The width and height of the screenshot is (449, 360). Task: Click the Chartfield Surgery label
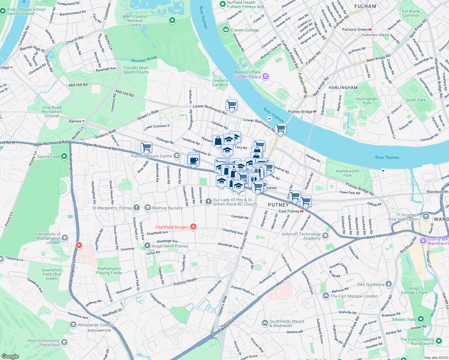pos(172,227)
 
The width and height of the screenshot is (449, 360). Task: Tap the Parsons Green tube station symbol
pos(370,29)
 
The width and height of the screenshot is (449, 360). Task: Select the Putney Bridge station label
pos(300,112)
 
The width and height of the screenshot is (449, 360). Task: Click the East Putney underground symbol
pos(302,211)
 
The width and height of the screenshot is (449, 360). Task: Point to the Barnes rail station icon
pos(83,121)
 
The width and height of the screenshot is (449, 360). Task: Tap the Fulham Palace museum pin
pos(265,77)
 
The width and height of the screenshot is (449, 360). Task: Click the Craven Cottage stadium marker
pos(226,30)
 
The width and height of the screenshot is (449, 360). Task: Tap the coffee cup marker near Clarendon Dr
pos(193,160)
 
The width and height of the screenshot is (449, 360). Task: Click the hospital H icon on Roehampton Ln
pos(79,245)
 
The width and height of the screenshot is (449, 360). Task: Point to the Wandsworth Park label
pos(347,173)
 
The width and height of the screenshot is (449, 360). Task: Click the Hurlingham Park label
pos(367,101)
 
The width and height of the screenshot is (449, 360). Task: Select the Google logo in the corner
pos(10,356)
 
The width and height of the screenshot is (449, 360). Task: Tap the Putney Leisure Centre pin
pos(177,155)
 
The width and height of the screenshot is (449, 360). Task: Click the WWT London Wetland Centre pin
pos(172,20)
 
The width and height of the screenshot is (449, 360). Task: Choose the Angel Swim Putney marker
pos(147,246)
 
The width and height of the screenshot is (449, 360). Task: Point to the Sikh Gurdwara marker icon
pos(389,284)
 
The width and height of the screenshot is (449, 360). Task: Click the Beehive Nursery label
pos(167,208)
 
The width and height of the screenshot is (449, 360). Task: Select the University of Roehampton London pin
pos(65,238)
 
